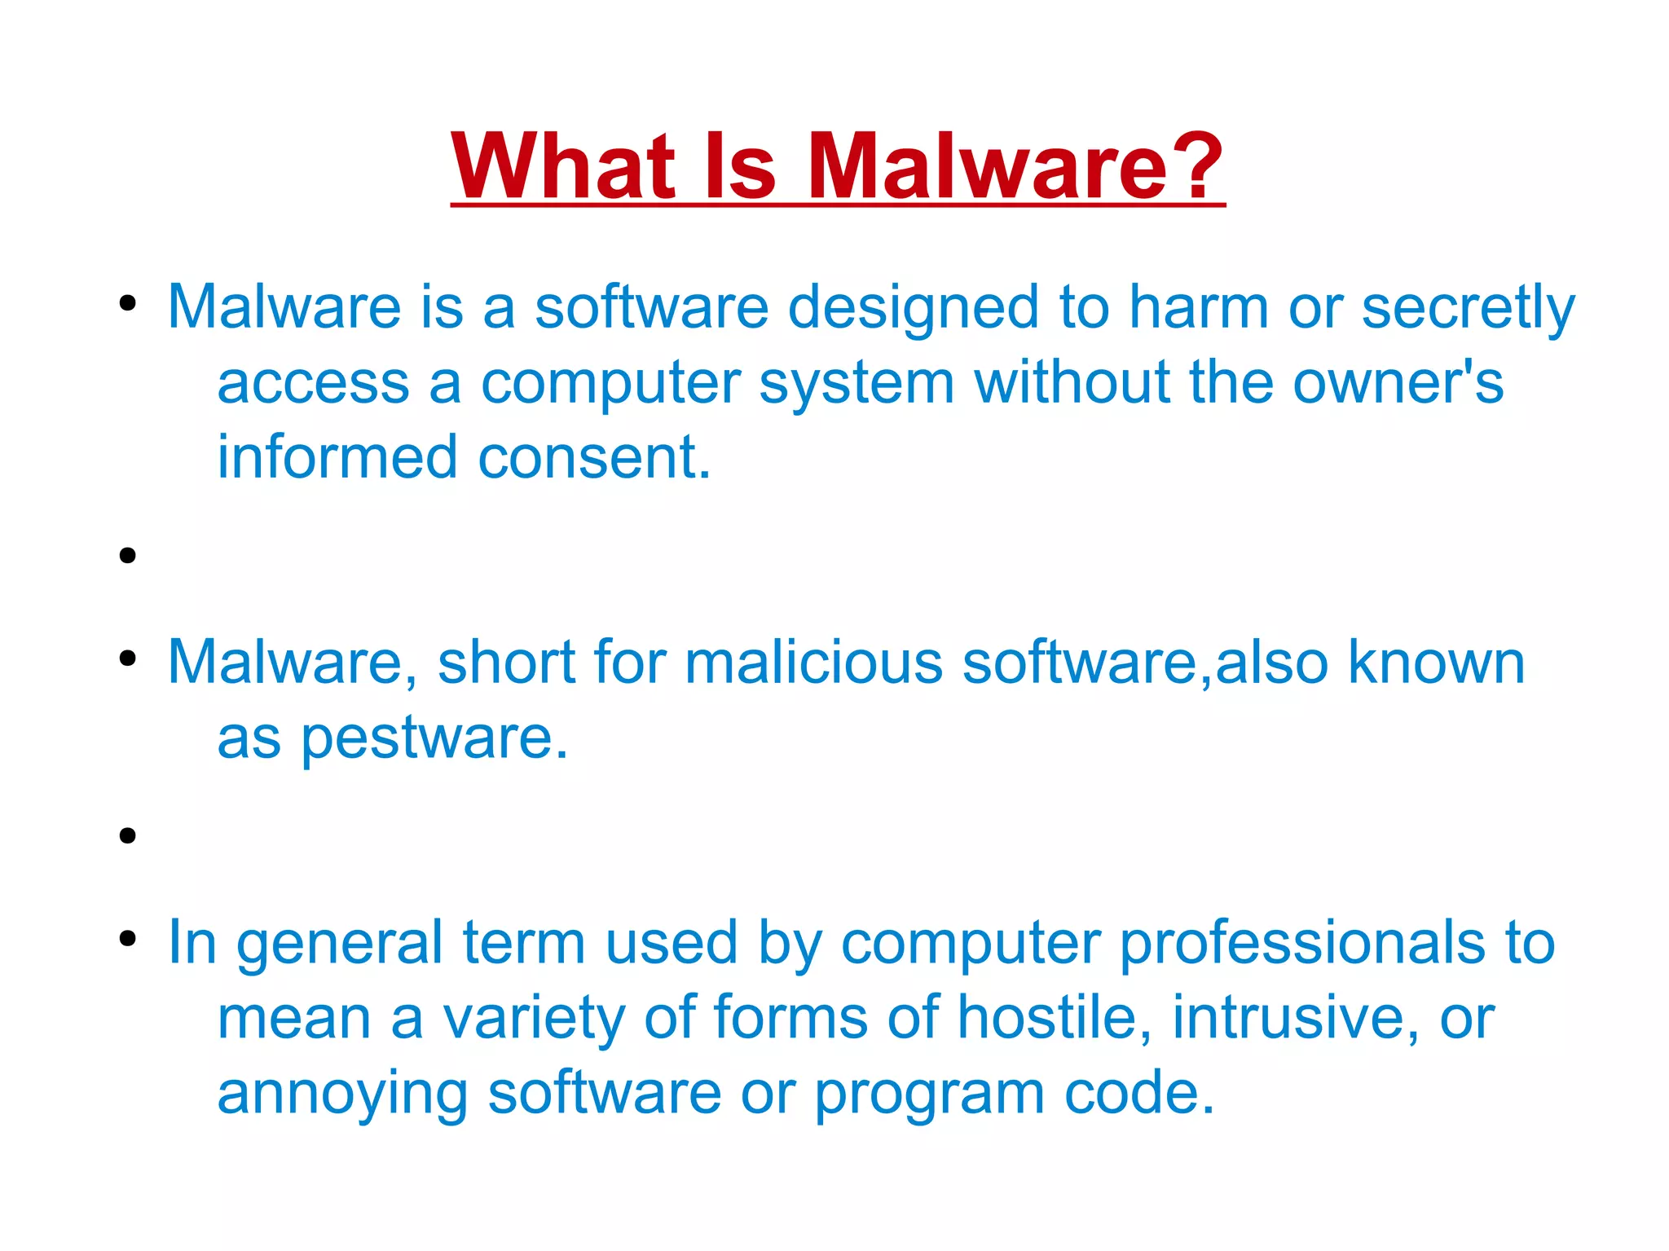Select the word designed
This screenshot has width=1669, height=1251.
pos(913,308)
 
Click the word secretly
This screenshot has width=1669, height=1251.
pos(1468,308)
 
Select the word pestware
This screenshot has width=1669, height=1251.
pos(434,738)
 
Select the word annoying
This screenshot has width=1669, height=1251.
pos(342,1094)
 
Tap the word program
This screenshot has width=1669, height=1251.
pos(929,1094)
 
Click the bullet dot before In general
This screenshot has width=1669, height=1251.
pos(127,938)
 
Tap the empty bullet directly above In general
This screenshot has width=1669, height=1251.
pos(127,835)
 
